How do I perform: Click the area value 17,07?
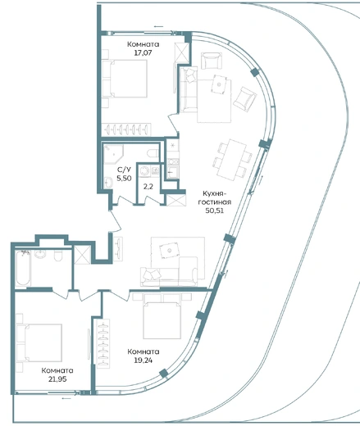click(143, 52)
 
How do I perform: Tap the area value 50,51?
click(215, 211)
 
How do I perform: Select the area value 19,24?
click(144, 360)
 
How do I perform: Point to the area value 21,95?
click(57, 379)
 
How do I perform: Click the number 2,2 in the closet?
click(148, 187)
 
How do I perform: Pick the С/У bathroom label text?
click(124, 170)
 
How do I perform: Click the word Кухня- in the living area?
click(215, 193)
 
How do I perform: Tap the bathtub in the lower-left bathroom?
click(23, 269)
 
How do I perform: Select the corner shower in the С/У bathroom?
click(113, 154)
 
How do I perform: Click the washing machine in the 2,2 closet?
click(144, 171)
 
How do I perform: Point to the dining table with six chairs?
click(232, 160)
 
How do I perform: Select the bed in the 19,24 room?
click(162, 316)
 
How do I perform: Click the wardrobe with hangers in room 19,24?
click(103, 343)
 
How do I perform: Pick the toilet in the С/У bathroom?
click(153, 153)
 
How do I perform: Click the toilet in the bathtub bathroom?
click(58, 256)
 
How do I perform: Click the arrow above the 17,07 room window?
click(158, 26)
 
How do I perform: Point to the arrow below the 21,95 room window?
click(66, 398)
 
